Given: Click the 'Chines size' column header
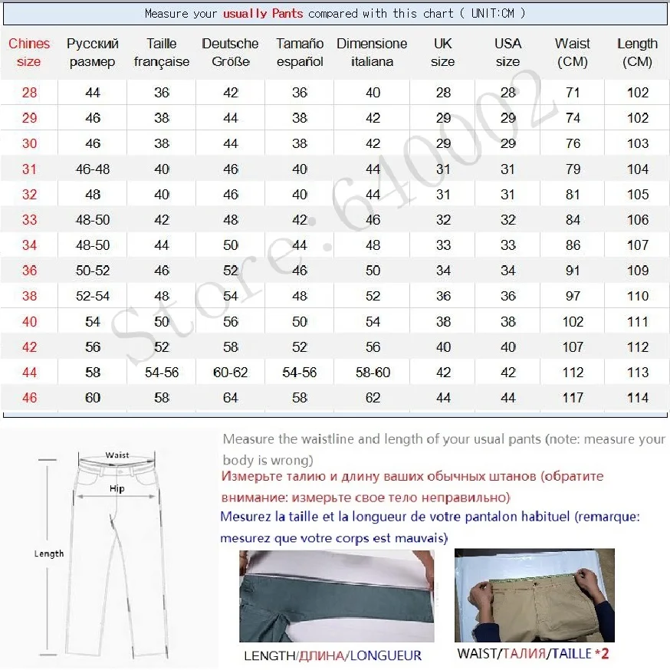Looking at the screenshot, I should pyautogui.click(x=29, y=52).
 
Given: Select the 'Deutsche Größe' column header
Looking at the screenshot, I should pyautogui.click(x=230, y=52).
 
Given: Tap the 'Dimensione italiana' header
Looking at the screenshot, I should pyautogui.click(x=372, y=52).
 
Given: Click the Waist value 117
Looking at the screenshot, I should pyautogui.click(x=573, y=398).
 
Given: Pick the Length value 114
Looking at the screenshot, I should pyautogui.click(x=637, y=398).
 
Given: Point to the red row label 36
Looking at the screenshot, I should pyautogui.click(x=29, y=271).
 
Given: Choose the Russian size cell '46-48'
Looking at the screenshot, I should pyautogui.click(x=92, y=169).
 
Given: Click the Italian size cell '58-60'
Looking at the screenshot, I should pyautogui.click(x=373, y=373).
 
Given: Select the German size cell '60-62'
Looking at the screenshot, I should pyautogui.click(x=230, y=373).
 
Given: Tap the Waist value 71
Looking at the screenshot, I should pyautogui.click(x=573, y=93).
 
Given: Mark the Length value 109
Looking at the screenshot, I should pyautogui.click(x=637, y=271).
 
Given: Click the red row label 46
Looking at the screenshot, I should pyautogui.click(x=29, y=398).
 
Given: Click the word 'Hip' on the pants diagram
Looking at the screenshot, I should pyautogui.click(x=117, y=488).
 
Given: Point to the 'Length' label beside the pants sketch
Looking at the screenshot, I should pyautogui.click(x=49, y=553).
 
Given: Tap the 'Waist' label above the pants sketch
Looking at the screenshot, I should pyautogui.click(x=117, y=455).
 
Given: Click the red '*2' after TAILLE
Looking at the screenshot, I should pyautogui.click(x=602, y=654).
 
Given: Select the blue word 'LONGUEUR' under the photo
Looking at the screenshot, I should pyautogui.click(x=386, y=655).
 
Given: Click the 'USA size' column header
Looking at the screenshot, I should pyautogui.click(x=507, y=52).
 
